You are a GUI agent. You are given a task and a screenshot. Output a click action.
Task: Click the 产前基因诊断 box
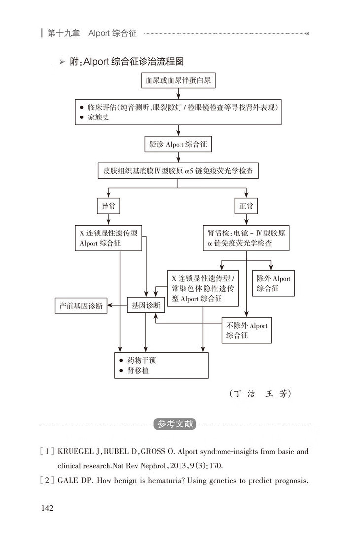pyautogui.click(x=81, y=306)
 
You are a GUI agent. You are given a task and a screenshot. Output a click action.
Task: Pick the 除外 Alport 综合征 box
pyautogui.click(x=273, y=283)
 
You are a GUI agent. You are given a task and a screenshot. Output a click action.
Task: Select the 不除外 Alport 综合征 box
pyautogui.click(x=247, y=330)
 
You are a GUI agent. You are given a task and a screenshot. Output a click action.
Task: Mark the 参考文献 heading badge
pyautogui.click(x=175, y=424)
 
